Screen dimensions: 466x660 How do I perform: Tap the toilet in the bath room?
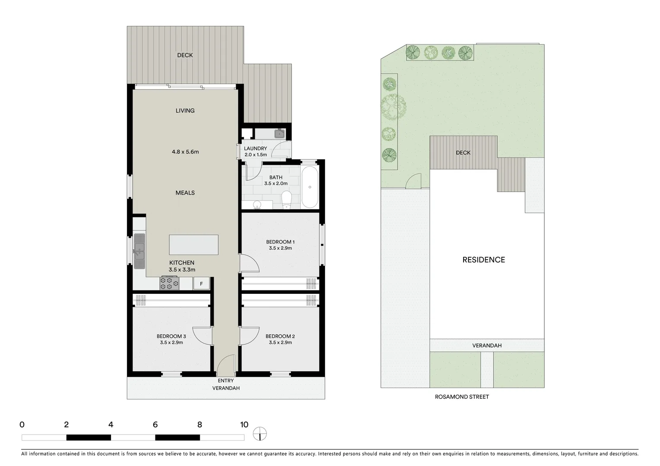click(x=287, y=199)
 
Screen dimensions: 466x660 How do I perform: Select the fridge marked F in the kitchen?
click(x=201, y=283)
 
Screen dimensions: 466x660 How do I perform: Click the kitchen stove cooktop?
click(x=169, y=283)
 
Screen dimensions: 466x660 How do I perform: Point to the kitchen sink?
click(x=139, y=250)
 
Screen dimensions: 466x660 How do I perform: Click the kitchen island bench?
click(x=193, y=245)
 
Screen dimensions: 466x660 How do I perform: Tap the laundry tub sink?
click(x=279, y=133)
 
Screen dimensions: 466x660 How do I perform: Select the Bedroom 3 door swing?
click(x=201, y=335)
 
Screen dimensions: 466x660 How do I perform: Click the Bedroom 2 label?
click(x=280, y=336)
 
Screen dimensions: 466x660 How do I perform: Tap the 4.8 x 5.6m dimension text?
click(x=185, y=152)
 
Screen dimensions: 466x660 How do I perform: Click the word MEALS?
click(x=185, y=193)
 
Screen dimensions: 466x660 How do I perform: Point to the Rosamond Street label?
click(x=462, y=397)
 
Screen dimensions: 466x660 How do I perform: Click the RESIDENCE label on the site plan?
click(x=483, y=260)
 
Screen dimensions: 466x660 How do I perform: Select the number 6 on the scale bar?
click(x=155, y=425)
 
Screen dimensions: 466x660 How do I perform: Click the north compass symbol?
click(x=260, y=434)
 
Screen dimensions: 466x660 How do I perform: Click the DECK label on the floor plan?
click(x=185, y=55)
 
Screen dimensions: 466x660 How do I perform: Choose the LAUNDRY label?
click(x=256, y=148)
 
